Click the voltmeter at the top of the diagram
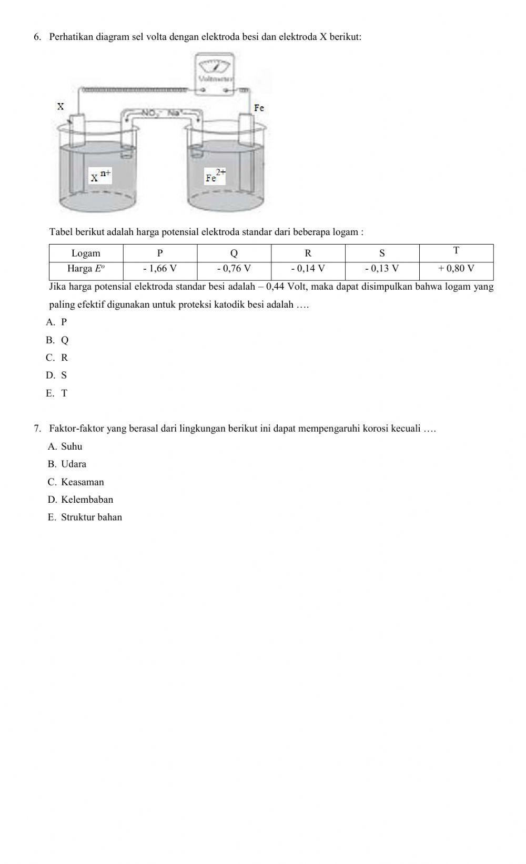pos(214,73)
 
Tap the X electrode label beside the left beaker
pos(60,106)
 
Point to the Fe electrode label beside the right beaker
pos(259,108)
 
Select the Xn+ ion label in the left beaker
pos(100,176)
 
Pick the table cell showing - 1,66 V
pos(160,269)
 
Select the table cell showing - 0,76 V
pos(234,269)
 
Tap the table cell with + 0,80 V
pos(456,269)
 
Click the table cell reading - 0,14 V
pos(308,269)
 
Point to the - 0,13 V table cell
pos(382,269)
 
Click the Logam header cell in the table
pos(86,253)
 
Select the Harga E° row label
pos(86,269)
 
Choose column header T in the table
pos(456,251)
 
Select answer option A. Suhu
pos(65,446)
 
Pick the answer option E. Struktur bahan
pos(85,517)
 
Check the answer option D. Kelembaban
pos(80,500)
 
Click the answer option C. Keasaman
pos(76,482)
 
